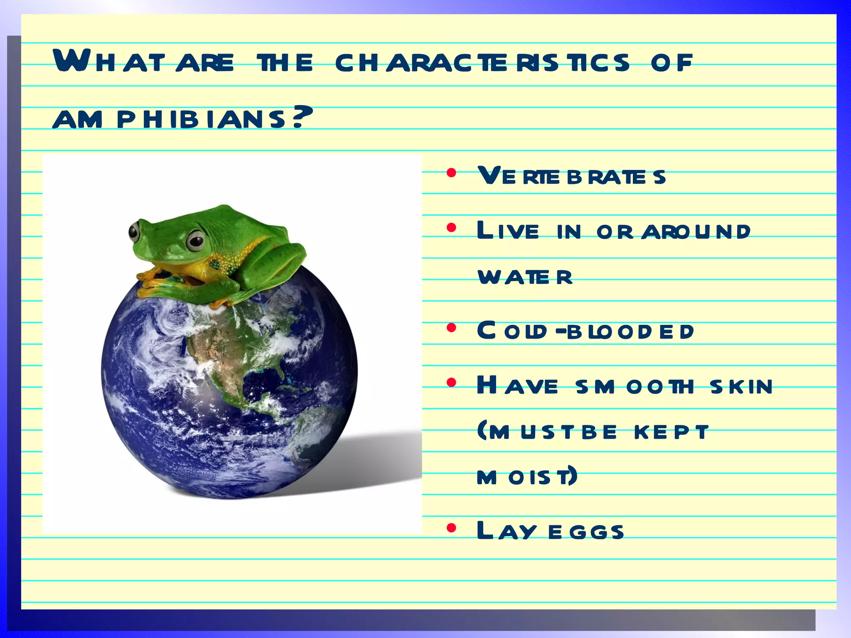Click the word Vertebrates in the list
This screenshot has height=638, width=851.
point(571,176)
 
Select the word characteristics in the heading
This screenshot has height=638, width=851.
point(482,63)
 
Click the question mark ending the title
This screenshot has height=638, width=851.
point(303,118)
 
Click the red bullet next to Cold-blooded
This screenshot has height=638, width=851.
point(451,328)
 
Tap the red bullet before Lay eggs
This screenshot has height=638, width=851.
point(451,528)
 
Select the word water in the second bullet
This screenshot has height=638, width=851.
point(526,277)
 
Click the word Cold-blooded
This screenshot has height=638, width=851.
point(585,331)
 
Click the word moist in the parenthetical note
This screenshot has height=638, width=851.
point(527,476)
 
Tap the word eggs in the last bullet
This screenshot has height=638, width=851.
point(586,532)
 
